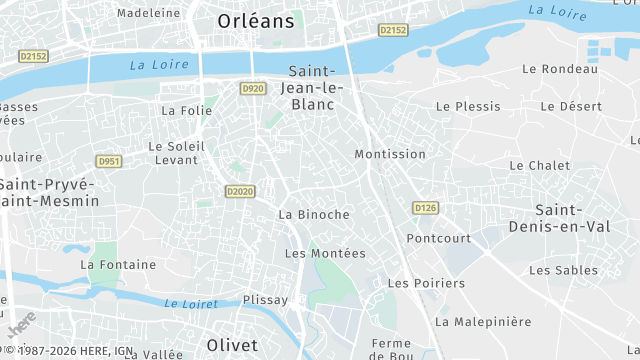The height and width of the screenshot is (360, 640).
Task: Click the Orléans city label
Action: (256, 20)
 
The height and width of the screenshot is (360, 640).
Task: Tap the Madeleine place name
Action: (149, 13)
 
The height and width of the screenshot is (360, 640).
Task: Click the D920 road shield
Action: (253, 89)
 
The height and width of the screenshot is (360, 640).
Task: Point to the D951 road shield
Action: (109, 161)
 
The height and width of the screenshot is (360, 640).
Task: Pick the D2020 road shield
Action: (239, 191)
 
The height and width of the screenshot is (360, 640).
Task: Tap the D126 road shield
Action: (426, 208)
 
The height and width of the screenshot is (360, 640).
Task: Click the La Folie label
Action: (186, 111)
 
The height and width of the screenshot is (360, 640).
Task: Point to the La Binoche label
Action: (314, 214)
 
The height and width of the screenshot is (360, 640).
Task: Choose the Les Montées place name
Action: (325, 253)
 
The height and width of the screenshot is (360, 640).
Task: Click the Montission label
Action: (390, 154)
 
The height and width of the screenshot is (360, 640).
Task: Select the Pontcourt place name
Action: (438, 238)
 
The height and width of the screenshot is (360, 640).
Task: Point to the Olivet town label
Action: (232, 344)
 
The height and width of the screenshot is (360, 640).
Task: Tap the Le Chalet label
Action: (539, 165)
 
